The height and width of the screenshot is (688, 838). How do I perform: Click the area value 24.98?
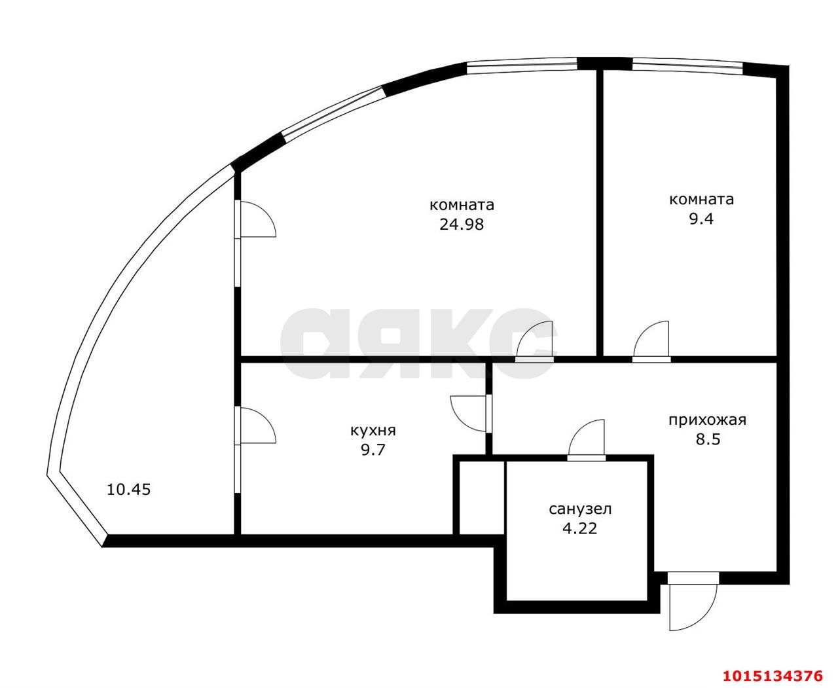[x=462, y=225]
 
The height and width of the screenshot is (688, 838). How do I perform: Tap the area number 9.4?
[x=701, y=219]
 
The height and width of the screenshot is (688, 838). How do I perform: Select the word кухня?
[x=373, y=431]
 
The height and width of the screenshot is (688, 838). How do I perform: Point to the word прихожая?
[x=707, y=420]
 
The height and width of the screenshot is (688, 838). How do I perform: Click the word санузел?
[x=580, y=509]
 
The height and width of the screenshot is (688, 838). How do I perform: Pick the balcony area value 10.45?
[x=129, y=490]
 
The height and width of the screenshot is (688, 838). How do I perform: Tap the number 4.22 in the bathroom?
[x=580, y=529]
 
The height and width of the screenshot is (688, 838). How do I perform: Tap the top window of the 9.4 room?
[x=687, y=67]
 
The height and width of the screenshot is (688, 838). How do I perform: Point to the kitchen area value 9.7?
[x=373, y=450]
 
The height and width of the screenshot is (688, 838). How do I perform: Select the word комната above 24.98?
[x=462, y=205]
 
